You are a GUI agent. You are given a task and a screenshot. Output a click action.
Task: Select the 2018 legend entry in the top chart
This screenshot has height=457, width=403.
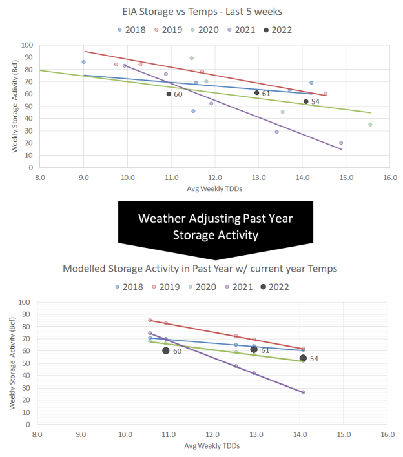[132, 30]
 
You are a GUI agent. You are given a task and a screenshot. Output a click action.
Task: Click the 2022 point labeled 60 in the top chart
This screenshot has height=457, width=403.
[169, 94]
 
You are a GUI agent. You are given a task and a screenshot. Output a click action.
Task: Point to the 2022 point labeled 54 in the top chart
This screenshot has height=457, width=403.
[306, 101]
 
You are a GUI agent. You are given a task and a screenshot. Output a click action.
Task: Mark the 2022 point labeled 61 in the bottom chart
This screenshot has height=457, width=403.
[254, 350]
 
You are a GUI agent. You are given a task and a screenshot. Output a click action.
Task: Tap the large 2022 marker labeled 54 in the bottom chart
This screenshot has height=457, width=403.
[303, 358]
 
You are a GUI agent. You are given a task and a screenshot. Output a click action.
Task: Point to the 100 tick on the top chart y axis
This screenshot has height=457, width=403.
[28, 45]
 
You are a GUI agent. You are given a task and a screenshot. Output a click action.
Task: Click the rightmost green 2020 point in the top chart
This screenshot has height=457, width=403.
[370, 125]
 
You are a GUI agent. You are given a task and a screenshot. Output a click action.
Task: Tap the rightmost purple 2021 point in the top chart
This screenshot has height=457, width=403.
[341, 143]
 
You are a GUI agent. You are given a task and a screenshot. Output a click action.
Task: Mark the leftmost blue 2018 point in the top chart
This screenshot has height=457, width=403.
[83, 62]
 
